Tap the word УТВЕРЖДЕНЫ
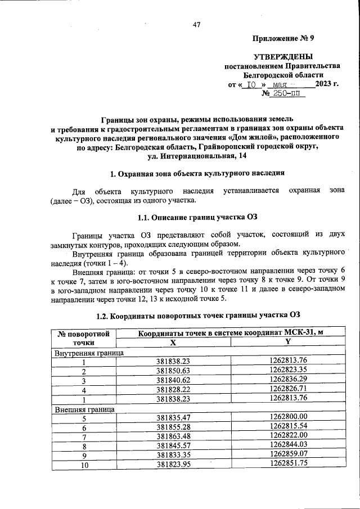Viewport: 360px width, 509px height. (x=284, y=57)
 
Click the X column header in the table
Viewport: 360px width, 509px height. (x=174, y=342)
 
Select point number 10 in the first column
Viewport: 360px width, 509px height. (x=84, y=465)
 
